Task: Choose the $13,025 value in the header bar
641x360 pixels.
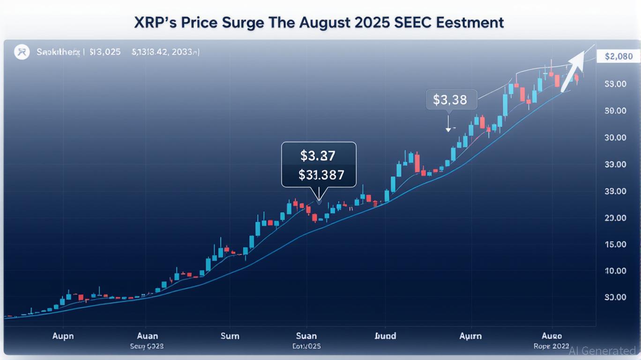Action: (104, 52)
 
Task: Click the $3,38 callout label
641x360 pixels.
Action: (450, 100)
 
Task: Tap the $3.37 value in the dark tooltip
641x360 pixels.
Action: (319, 155)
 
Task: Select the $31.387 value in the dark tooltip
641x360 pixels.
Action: (321, 175)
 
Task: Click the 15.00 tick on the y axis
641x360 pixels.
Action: (615, 245)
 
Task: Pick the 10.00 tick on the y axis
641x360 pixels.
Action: (615, 271)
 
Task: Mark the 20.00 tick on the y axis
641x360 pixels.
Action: (615, 218)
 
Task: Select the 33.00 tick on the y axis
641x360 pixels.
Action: (615, 165)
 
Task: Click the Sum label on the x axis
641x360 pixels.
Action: (230, 336)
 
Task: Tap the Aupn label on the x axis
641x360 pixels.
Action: (63, 336)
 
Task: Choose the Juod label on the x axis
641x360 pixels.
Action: (386, 336)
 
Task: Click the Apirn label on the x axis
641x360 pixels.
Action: (470, 336)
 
